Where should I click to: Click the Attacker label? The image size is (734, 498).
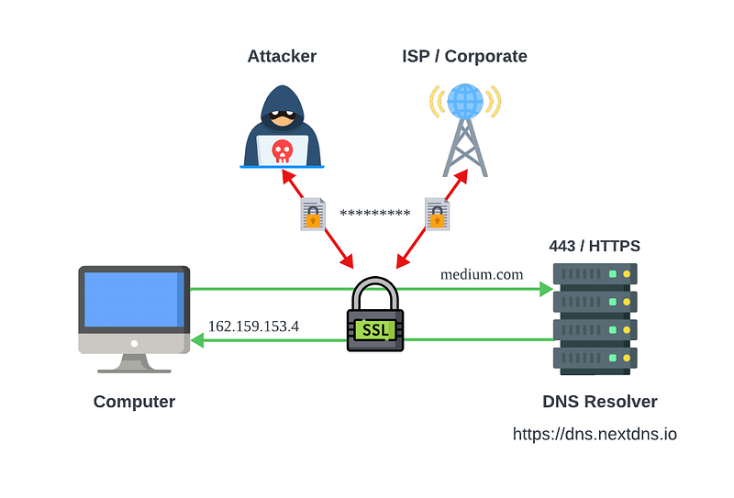tap(282, 56)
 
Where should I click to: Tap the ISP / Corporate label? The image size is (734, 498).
tap(464, 56)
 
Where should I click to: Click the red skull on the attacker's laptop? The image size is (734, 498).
tap(283, 150)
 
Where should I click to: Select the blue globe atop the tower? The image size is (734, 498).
tap(465, 101)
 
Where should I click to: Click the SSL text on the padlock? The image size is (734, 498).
tap(375, 330)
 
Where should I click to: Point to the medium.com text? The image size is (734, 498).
tap(482, 274)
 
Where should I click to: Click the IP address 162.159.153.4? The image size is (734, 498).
tap(253, 326)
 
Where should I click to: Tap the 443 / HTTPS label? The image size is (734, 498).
tap(595, 246)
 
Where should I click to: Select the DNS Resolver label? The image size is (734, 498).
tap(600, 402)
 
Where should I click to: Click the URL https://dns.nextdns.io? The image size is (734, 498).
tap(595, 434)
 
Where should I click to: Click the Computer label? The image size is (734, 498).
tap(134, 402)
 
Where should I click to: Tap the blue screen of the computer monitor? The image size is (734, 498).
tap(134, 299)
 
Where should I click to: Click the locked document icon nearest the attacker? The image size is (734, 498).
tap(313, 215)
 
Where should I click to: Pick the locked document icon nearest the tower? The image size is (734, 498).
tap(438, 215)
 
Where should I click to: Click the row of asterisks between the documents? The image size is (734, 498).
tap(375, 214)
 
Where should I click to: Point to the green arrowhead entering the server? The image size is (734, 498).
tap(546, 289)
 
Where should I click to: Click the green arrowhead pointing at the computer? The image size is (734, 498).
tap(198, 340)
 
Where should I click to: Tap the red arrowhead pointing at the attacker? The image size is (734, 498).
tap(288, 176)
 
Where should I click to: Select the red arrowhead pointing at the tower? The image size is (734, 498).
tap(462, 176)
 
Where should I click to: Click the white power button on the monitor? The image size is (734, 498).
tap(134, 344)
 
